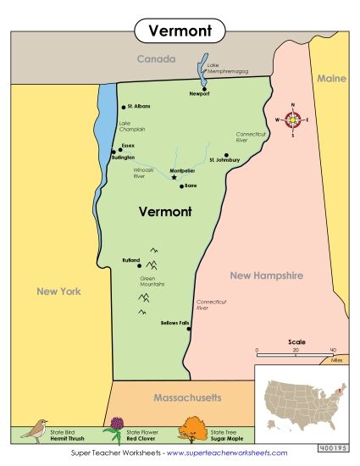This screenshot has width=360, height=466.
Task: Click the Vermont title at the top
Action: (179, 31)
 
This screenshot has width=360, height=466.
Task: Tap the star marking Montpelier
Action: (174, 178)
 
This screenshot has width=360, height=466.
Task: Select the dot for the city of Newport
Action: (204, 88)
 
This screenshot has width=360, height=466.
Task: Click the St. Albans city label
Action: (139, 107)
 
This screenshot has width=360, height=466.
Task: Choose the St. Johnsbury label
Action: (224, 160)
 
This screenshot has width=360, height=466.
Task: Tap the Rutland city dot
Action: (139, 265)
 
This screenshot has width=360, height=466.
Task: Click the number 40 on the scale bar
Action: (333, 350)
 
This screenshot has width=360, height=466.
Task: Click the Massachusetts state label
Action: (187, 397)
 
